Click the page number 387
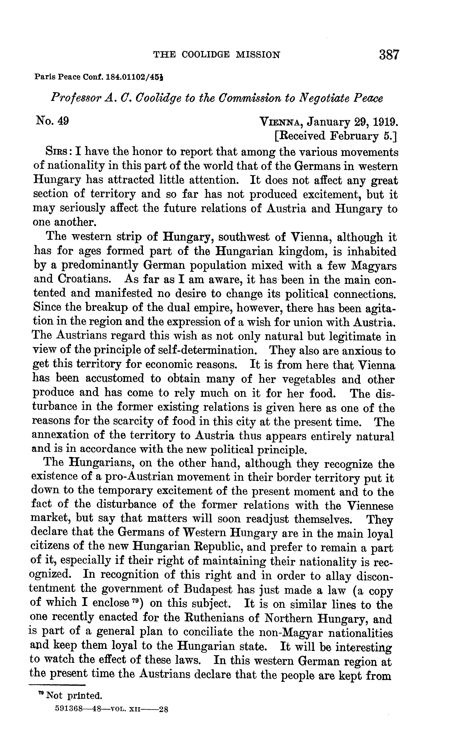(389, 55)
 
